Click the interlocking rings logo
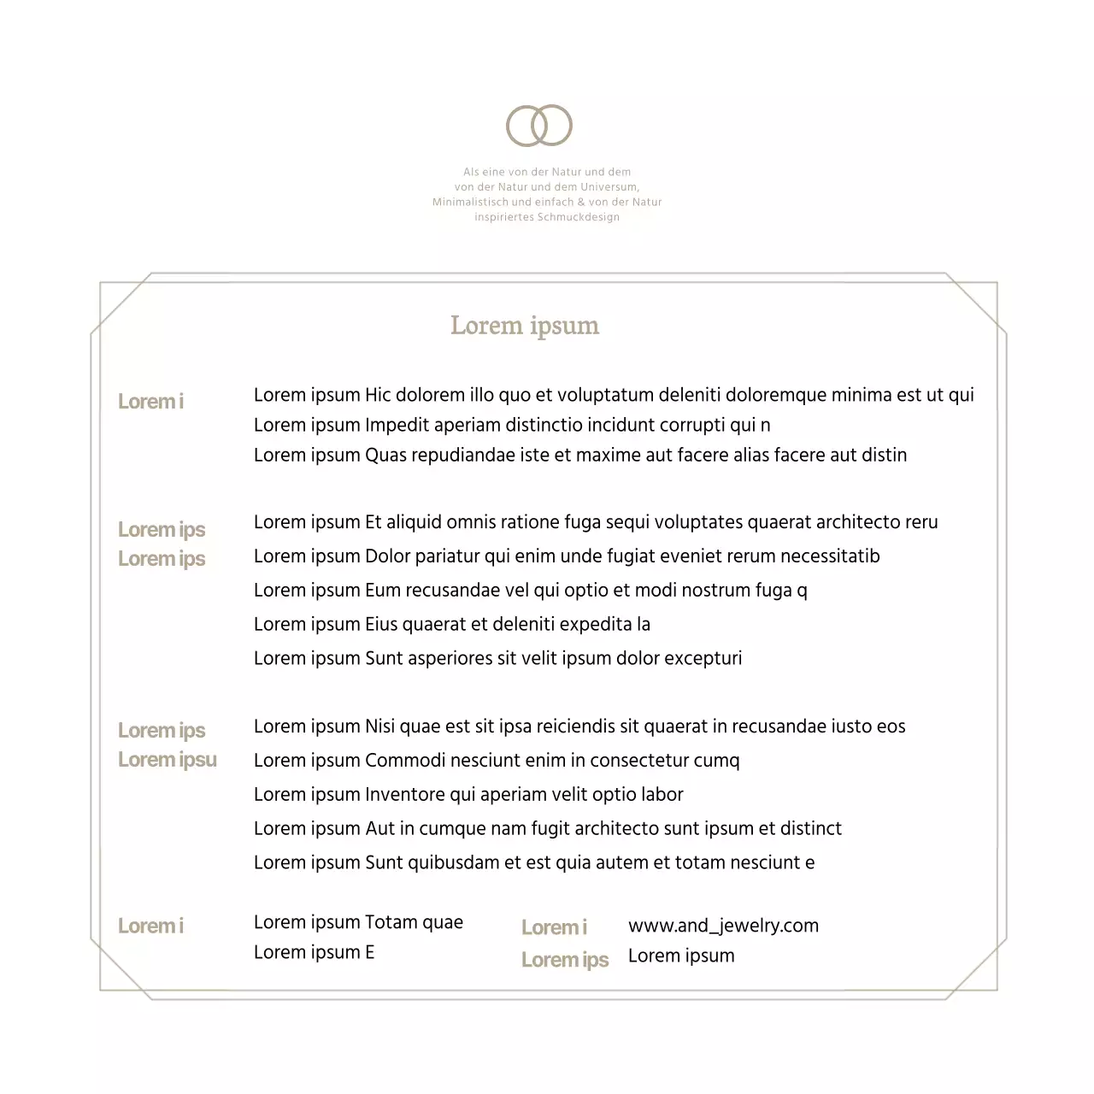(539, 126)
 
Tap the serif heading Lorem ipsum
(525, 326)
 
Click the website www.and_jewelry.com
(723, 926)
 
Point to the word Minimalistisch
(470, 203)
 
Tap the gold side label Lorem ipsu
(168, 760)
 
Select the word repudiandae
(463, 455)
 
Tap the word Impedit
(397, 426)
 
